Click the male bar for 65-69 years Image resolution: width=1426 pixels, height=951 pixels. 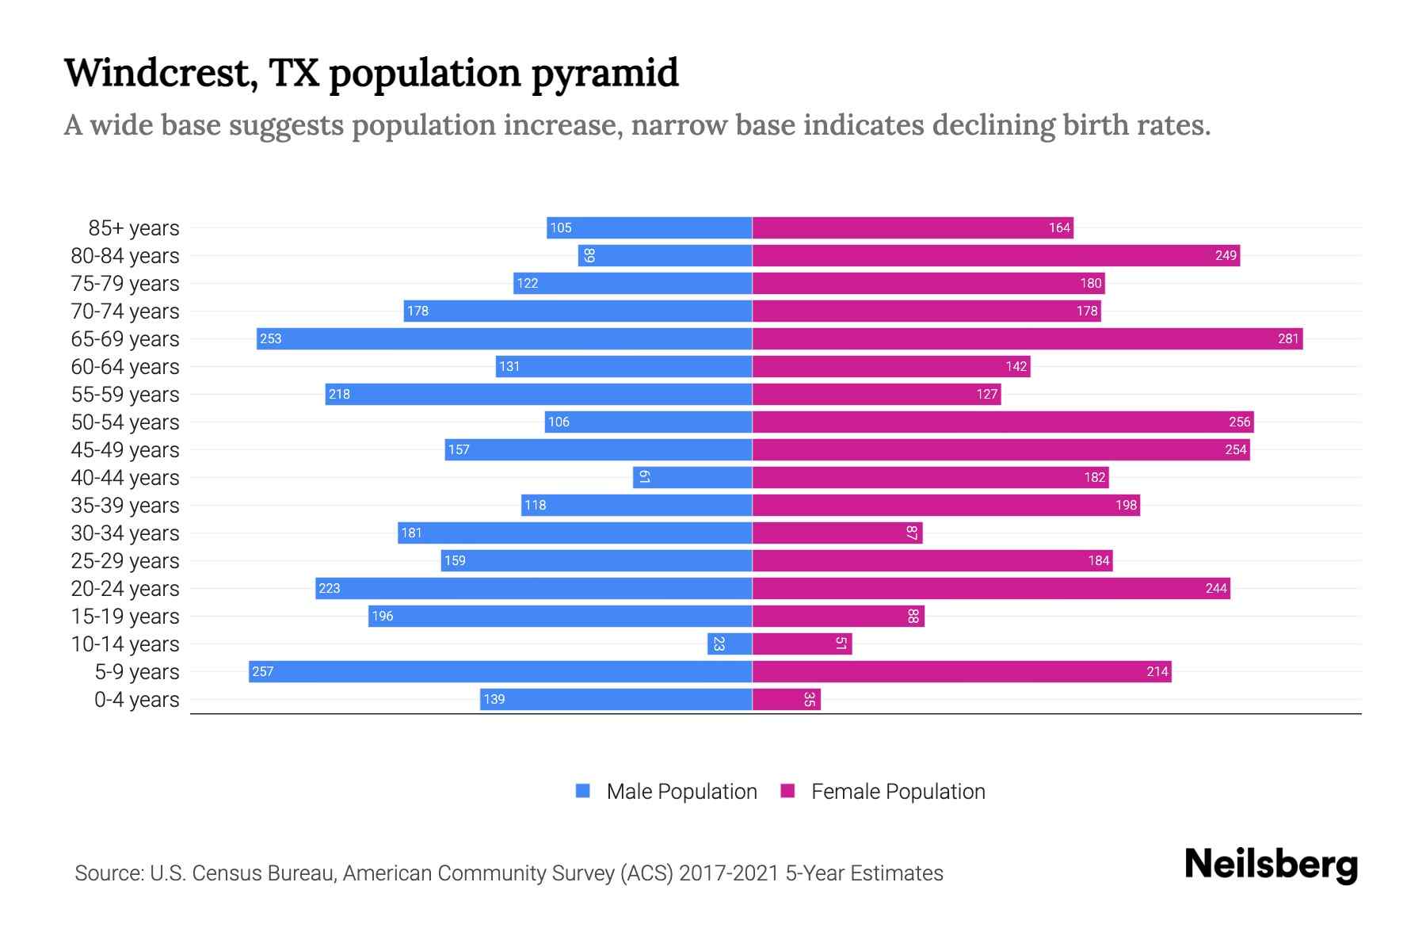pyautogui.click(x=504, y=339)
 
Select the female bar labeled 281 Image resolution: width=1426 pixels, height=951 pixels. pyautogui.click(x=1027, y=339)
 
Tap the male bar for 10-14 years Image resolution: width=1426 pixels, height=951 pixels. pyautogui.click(x=730, y=644)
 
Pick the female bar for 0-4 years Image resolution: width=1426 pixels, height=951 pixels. pyautogui.click(x=786, y=700)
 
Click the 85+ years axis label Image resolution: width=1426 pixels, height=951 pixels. pyautogui.click(x=133, y=228)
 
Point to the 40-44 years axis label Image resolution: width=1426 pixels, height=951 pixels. pyautogui.click(x=125, y=478)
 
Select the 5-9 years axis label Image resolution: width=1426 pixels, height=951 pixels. pyautogui.click(x=136, y=672)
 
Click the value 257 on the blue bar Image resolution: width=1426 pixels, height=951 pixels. pyautogui.click(x=262, y=672)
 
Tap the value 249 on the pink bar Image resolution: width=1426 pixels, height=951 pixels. pyautogui.click(x=1226, y=256)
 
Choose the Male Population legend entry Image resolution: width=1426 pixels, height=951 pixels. pyautogui.click(x=681, y=792)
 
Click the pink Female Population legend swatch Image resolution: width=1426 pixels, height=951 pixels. pyautogui.click(x=787, y=791)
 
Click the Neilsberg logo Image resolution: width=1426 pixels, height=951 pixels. pyautogui.click(x=1271, y=865)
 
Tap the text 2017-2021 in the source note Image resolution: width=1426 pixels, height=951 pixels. pyautogui.click(x=729, y=873)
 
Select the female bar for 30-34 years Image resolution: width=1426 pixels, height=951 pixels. pyautogui.click(x=837, y=533)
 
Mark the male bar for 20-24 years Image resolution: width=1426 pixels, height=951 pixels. pyautogui.click(x=533, y=589)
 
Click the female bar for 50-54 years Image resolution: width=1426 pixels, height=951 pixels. pyautogui.click(x=1002, y=422)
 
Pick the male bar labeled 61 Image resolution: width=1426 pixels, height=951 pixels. pyautogui.click(x=692, y=478)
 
